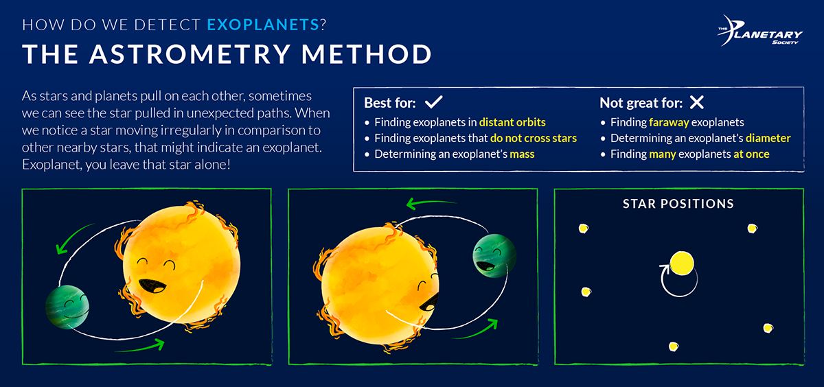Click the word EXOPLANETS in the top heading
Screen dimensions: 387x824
[263, 26]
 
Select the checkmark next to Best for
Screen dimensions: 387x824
[433, 103]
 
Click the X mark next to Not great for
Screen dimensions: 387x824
[696, 103]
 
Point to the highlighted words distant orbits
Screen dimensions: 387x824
[512, 122]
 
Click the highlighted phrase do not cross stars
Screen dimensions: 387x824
[534, 138]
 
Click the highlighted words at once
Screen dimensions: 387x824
[751, 154]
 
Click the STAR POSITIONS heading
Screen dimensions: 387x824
[678, 204]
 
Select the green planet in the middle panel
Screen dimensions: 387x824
[490, 255]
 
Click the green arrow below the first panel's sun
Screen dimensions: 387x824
[144, 344]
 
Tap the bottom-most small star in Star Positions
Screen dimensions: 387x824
[675, 346]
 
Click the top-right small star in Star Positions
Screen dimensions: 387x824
[752, 228]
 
